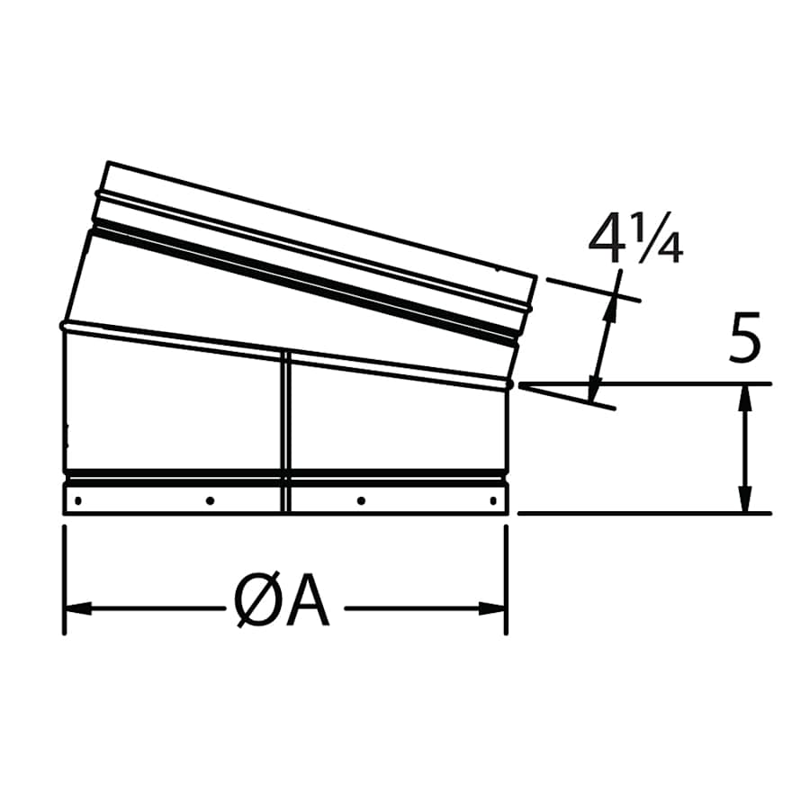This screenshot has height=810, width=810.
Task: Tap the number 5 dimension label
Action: [x=745, y=340]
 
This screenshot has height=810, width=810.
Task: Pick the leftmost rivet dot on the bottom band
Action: [x=79, y=499]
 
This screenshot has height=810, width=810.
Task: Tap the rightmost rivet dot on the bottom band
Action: [x=492, y=499]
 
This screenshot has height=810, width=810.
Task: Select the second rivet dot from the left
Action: [x=210, y=499]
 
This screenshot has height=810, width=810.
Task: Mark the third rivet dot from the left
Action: [x=361, y=499]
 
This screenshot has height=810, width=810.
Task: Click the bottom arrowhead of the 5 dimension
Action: [x=744, y=504]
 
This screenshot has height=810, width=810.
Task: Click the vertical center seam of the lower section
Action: [x=285, y=432]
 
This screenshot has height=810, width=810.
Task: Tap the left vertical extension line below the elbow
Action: [x=63, y=576]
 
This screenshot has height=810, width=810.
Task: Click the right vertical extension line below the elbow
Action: [x=507, y=576]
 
